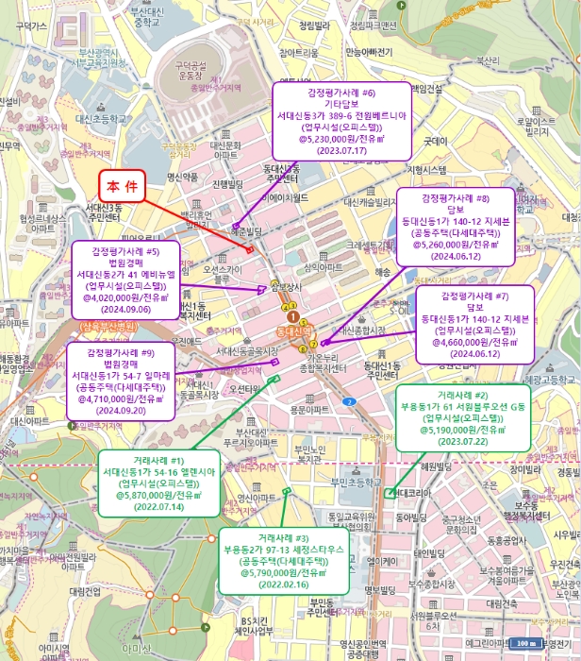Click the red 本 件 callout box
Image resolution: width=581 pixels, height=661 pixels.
(x=123, y=185)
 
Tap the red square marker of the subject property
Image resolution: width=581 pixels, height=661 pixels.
(x=250, y=249)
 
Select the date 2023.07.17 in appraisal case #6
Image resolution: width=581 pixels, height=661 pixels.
(x=340, y=150)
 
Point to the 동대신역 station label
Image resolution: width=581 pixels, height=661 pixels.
(x=293, y=332)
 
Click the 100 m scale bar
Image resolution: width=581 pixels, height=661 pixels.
(x=524, y=643)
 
